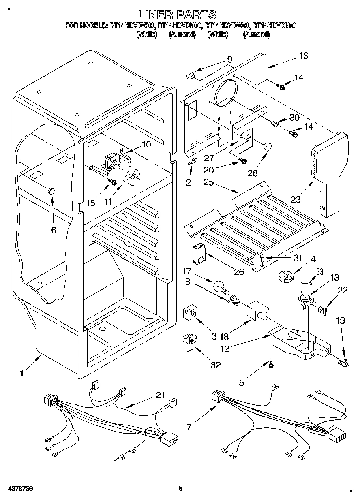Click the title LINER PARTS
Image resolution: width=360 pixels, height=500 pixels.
tap(177, 15)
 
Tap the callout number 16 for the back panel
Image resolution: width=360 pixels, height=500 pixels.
tap(304, 56)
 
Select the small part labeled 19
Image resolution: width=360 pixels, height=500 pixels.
tap(343, 361)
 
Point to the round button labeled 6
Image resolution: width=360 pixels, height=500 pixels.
tap(51, 191)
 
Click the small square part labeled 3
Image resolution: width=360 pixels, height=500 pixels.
tap(189, 313)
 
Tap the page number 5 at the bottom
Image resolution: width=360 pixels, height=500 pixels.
tap(181, 489)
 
